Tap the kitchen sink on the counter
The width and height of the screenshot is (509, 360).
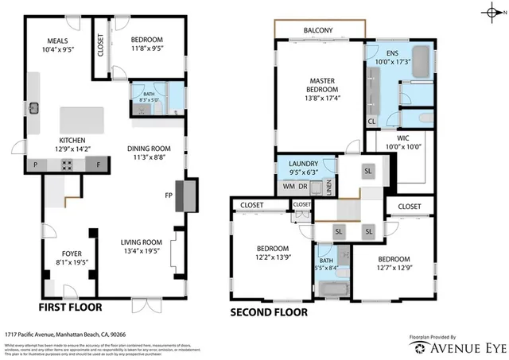click(34, 107)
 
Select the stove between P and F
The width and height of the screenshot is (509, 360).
click(67, 165)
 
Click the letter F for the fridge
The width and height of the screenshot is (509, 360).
click(98, 165)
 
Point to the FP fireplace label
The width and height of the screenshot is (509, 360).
click(169, 194)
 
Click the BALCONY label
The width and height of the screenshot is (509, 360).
click(318, 31)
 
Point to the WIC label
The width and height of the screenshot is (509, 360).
click(402, 137)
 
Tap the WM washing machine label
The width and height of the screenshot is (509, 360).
click(288, 187)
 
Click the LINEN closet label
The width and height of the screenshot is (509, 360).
click(329, 188)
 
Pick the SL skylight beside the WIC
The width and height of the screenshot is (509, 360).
click(367, 171)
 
